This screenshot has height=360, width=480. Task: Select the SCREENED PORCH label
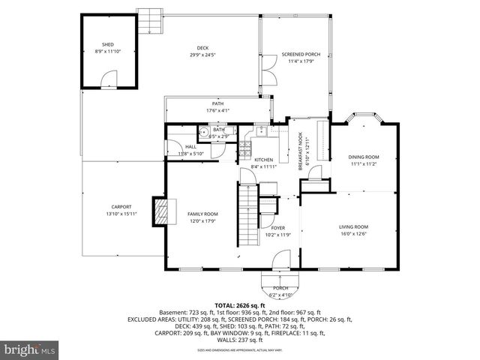pyautogui.click(x=295, y=55)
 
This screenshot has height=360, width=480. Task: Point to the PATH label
pyautogui.click(x=217, y=104)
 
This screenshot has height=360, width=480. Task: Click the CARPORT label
pyautogui.click(x=121, y=207)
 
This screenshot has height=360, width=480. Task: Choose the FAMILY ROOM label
pyautogui.click(x=202, y=214)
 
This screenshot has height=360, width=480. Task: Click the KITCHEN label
pyautogui.click(x=263, y=160)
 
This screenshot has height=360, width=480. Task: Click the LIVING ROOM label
pyautogui.click(x=353, y=226)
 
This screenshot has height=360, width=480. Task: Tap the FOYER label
pyautogui.click(x=277, y=227)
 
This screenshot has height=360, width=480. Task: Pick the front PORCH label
pyautogui.click(x=280, y=288)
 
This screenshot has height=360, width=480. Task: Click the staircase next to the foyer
pyautogui.click(x=247, y=209)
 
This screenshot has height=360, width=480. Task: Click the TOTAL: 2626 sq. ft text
pyautogui.click(x=240, y=305)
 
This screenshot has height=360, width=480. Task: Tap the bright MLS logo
pyautogui.click(x=29, y=350)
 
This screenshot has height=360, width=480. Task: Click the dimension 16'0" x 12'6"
pyautogui.click(x=353, y=233)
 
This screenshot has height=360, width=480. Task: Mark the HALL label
pyautogui.click(x=191, y=147)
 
